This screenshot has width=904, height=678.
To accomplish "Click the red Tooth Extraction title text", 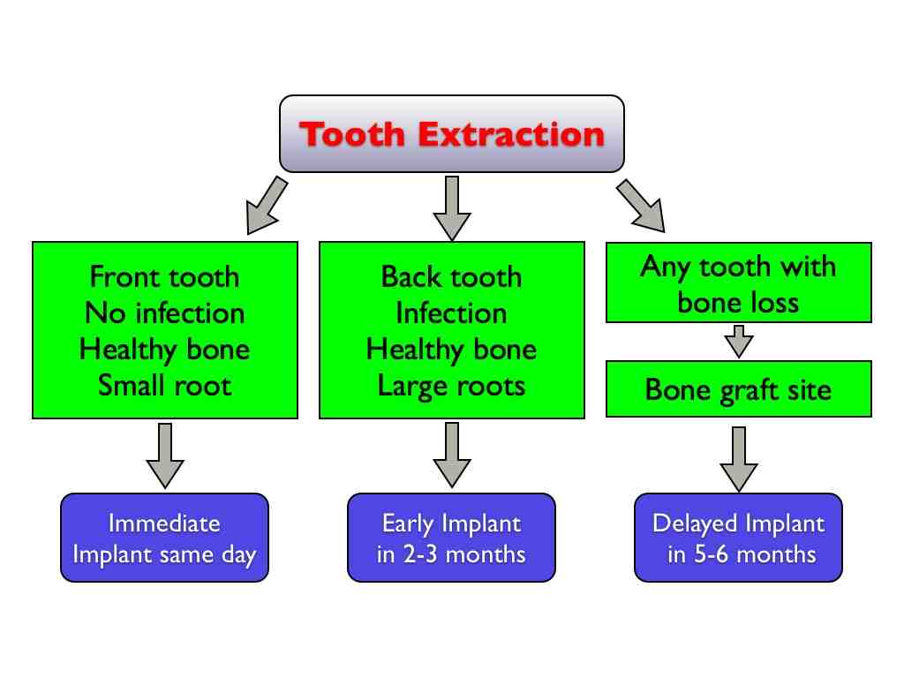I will [x=452, y=135].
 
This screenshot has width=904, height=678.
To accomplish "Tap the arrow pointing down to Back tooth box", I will [x=452, y=207].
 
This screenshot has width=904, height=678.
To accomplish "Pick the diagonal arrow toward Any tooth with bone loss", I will [x=640, y=204].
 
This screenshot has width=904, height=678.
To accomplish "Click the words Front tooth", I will [x=164, y=276].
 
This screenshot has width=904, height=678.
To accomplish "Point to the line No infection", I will [x=164, y=313].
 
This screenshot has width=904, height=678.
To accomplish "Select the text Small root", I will [x=164, y=385].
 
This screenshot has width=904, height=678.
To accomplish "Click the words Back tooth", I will [x=451, y=276].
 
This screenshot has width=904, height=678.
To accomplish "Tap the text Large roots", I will [x=451, y=385].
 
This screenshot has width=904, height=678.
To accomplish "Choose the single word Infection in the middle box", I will [x=451, y=313].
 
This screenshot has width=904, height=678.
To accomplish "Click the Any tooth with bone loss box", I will [x=738, y=282].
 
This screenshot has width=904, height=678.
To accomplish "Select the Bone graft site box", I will [x=738, y=388].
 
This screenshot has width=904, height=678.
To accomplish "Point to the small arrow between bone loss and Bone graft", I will [x=738, y=341].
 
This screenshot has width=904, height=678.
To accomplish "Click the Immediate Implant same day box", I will [x=164, y=538].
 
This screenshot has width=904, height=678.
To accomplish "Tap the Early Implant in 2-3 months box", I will [x=451, y=538].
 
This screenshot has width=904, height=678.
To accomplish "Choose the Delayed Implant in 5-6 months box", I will [x=738, y=538].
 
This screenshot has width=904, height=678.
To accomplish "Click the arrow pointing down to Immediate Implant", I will [x=164, y=455].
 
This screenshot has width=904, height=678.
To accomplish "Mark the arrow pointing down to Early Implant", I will [x=451, y=455].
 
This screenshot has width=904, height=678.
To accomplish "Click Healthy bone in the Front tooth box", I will [x=164, y=349].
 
